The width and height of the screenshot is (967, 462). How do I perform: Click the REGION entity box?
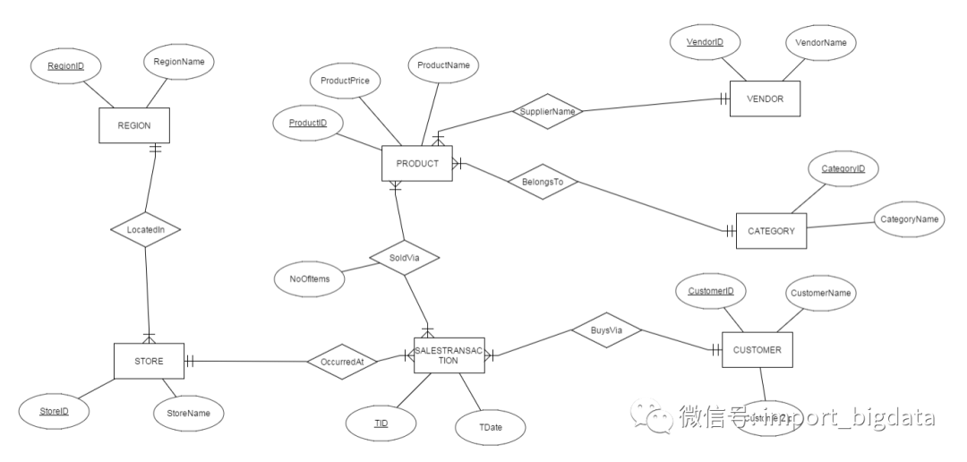(133, 125)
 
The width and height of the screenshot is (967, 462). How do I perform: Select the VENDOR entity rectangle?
(764, 99)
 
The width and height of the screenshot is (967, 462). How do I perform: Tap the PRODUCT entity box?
(416, 163)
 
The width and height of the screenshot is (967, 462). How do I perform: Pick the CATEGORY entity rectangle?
(771, 230)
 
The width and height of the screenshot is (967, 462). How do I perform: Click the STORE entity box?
(149, 361)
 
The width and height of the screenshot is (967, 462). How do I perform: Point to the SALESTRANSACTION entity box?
(449, 355)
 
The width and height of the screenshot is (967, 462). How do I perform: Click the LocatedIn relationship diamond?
(145, 230)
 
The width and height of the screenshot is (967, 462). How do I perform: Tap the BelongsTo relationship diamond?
(543, 181)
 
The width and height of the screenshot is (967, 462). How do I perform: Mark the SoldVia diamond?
(404, 257)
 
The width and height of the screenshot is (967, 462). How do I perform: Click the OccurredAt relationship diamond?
(342, 362)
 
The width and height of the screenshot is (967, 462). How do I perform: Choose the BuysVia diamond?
(605, 330)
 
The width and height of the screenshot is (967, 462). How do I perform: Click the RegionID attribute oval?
(65, 65)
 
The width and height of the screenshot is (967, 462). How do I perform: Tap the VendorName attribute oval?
(820, 42)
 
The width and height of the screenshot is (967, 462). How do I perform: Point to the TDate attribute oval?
(491, 427)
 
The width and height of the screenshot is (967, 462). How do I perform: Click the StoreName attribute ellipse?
(188, 413)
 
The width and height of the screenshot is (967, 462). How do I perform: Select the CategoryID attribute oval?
(843, 168)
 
